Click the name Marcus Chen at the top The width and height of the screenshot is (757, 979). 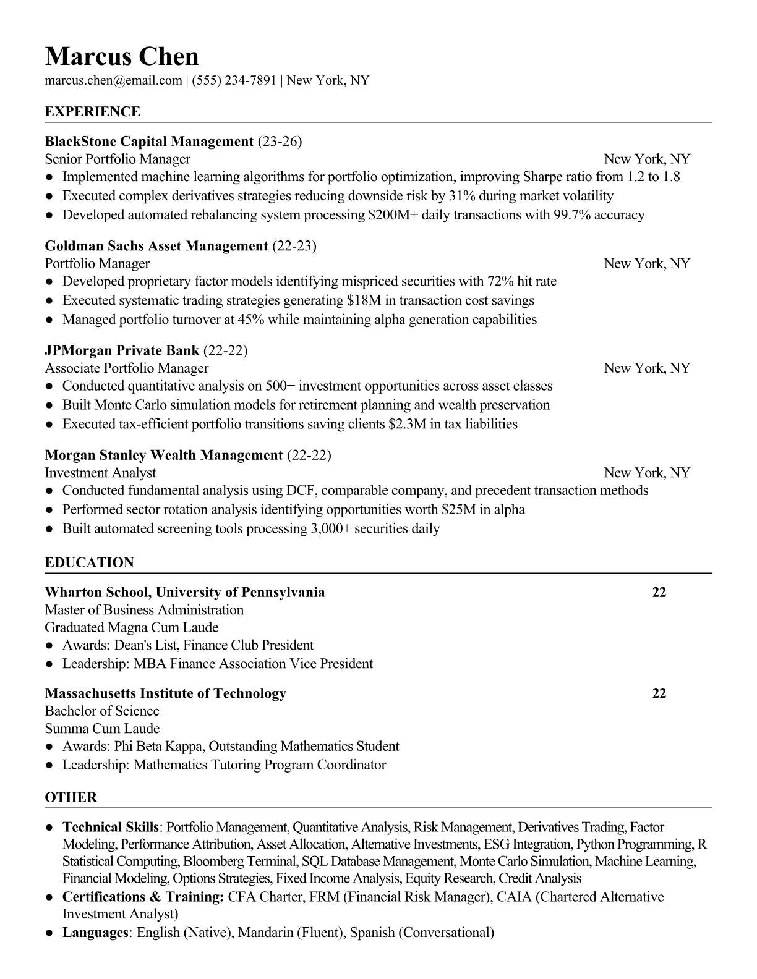tap(122, 56)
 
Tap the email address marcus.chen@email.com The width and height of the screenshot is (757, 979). tap(113, 80)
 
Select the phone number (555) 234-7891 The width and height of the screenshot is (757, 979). tap(234, 80)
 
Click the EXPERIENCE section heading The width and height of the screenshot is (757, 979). tap(93, 112)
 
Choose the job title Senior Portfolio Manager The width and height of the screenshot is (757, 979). tap(118, 159)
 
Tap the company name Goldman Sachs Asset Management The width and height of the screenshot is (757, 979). tap(156, 246)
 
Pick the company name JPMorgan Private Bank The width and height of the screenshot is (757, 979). tap(122, 350)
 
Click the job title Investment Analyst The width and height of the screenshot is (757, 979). tap(100, 473)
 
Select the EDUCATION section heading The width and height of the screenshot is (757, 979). tap(89, 562)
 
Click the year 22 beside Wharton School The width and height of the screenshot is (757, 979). tap(659, 592)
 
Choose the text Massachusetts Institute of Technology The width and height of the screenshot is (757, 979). tap(166, 693)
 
